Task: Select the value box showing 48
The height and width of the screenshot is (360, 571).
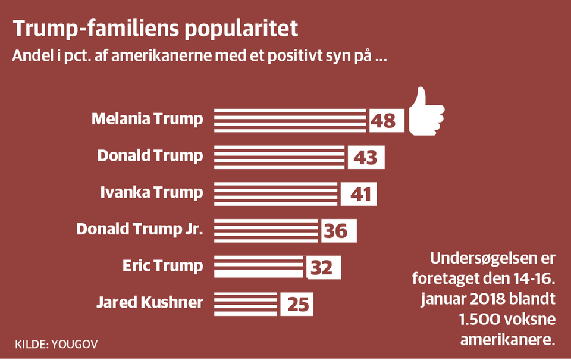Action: point(386,120)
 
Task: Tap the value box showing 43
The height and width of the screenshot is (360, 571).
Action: point(365,157)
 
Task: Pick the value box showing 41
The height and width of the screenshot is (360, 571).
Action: point(359,193)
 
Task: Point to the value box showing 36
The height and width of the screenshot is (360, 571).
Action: point(338,230)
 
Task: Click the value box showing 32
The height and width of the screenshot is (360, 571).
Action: point(323,267)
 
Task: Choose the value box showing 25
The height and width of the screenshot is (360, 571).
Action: point(296,304)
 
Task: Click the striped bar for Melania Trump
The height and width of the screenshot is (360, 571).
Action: point(290,120)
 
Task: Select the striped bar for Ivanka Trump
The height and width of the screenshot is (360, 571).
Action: point(275,193)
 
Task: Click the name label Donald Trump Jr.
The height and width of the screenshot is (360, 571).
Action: point(140,229)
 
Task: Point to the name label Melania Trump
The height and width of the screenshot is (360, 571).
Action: point(147,119)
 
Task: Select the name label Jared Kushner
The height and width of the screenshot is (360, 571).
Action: point(149,303)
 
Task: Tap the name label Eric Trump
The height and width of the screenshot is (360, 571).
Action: point(162,266)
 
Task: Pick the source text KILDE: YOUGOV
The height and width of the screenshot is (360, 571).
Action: point(57,344)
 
